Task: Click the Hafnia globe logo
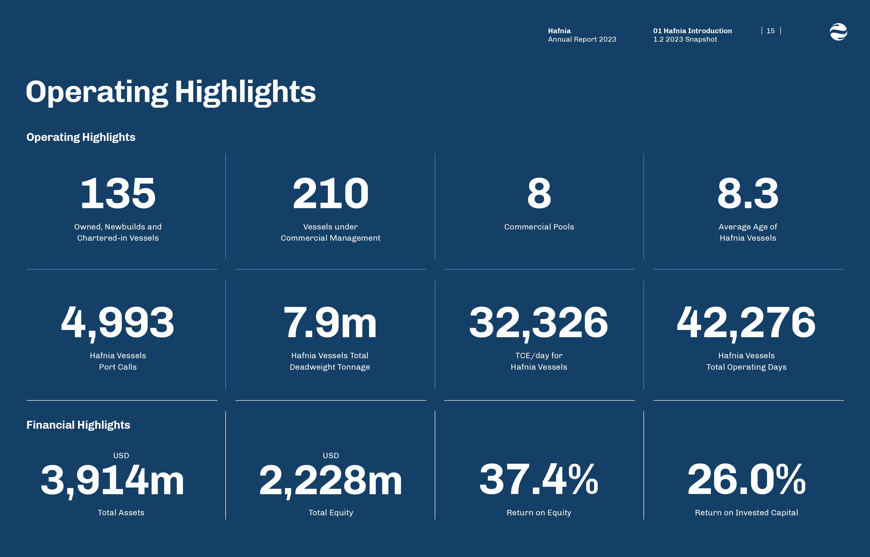[x=838, y=32]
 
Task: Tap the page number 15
[x=770, y=31]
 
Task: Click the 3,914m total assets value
[x=112, y=480]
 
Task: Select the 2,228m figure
[x=330, y=480]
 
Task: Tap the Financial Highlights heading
[x=78, y=425]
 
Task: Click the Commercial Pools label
[x=539, y=227]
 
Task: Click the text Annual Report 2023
[x=582, y=39]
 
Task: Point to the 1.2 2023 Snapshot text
[x=685, y=39]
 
